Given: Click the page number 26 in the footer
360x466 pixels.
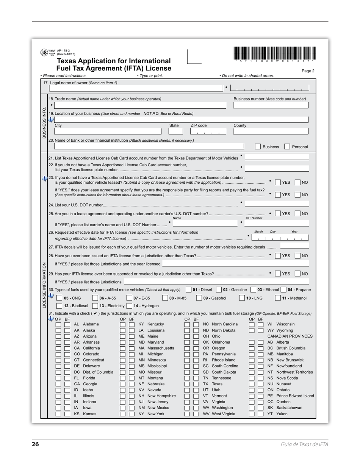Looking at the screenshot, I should tap(35, 444).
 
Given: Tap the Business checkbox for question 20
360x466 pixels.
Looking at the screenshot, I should tap(258, 147).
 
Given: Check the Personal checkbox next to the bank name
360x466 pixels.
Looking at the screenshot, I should tap(287, 147).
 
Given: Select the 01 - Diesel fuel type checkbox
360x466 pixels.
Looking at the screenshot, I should tap(189, 290).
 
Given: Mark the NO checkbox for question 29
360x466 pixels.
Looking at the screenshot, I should tap(297, 274).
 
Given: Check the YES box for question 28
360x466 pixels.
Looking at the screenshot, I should tap(278, 256).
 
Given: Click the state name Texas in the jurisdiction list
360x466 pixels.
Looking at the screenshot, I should tap(217, 384).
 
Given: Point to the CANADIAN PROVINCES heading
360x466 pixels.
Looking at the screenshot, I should tap(290, 336).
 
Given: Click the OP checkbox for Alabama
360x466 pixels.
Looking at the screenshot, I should tap(58, 324).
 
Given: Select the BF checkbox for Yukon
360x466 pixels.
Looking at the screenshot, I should tap(260, 414).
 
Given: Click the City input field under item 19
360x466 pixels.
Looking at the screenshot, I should tap(108, 132).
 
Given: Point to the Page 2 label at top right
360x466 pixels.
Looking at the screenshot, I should tap(308, 71).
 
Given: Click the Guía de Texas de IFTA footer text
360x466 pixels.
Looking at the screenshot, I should tap(304, 444).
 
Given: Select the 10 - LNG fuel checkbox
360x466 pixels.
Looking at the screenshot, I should tap(242, 298).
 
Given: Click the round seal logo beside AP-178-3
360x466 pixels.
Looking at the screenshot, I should tap(44, 53).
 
